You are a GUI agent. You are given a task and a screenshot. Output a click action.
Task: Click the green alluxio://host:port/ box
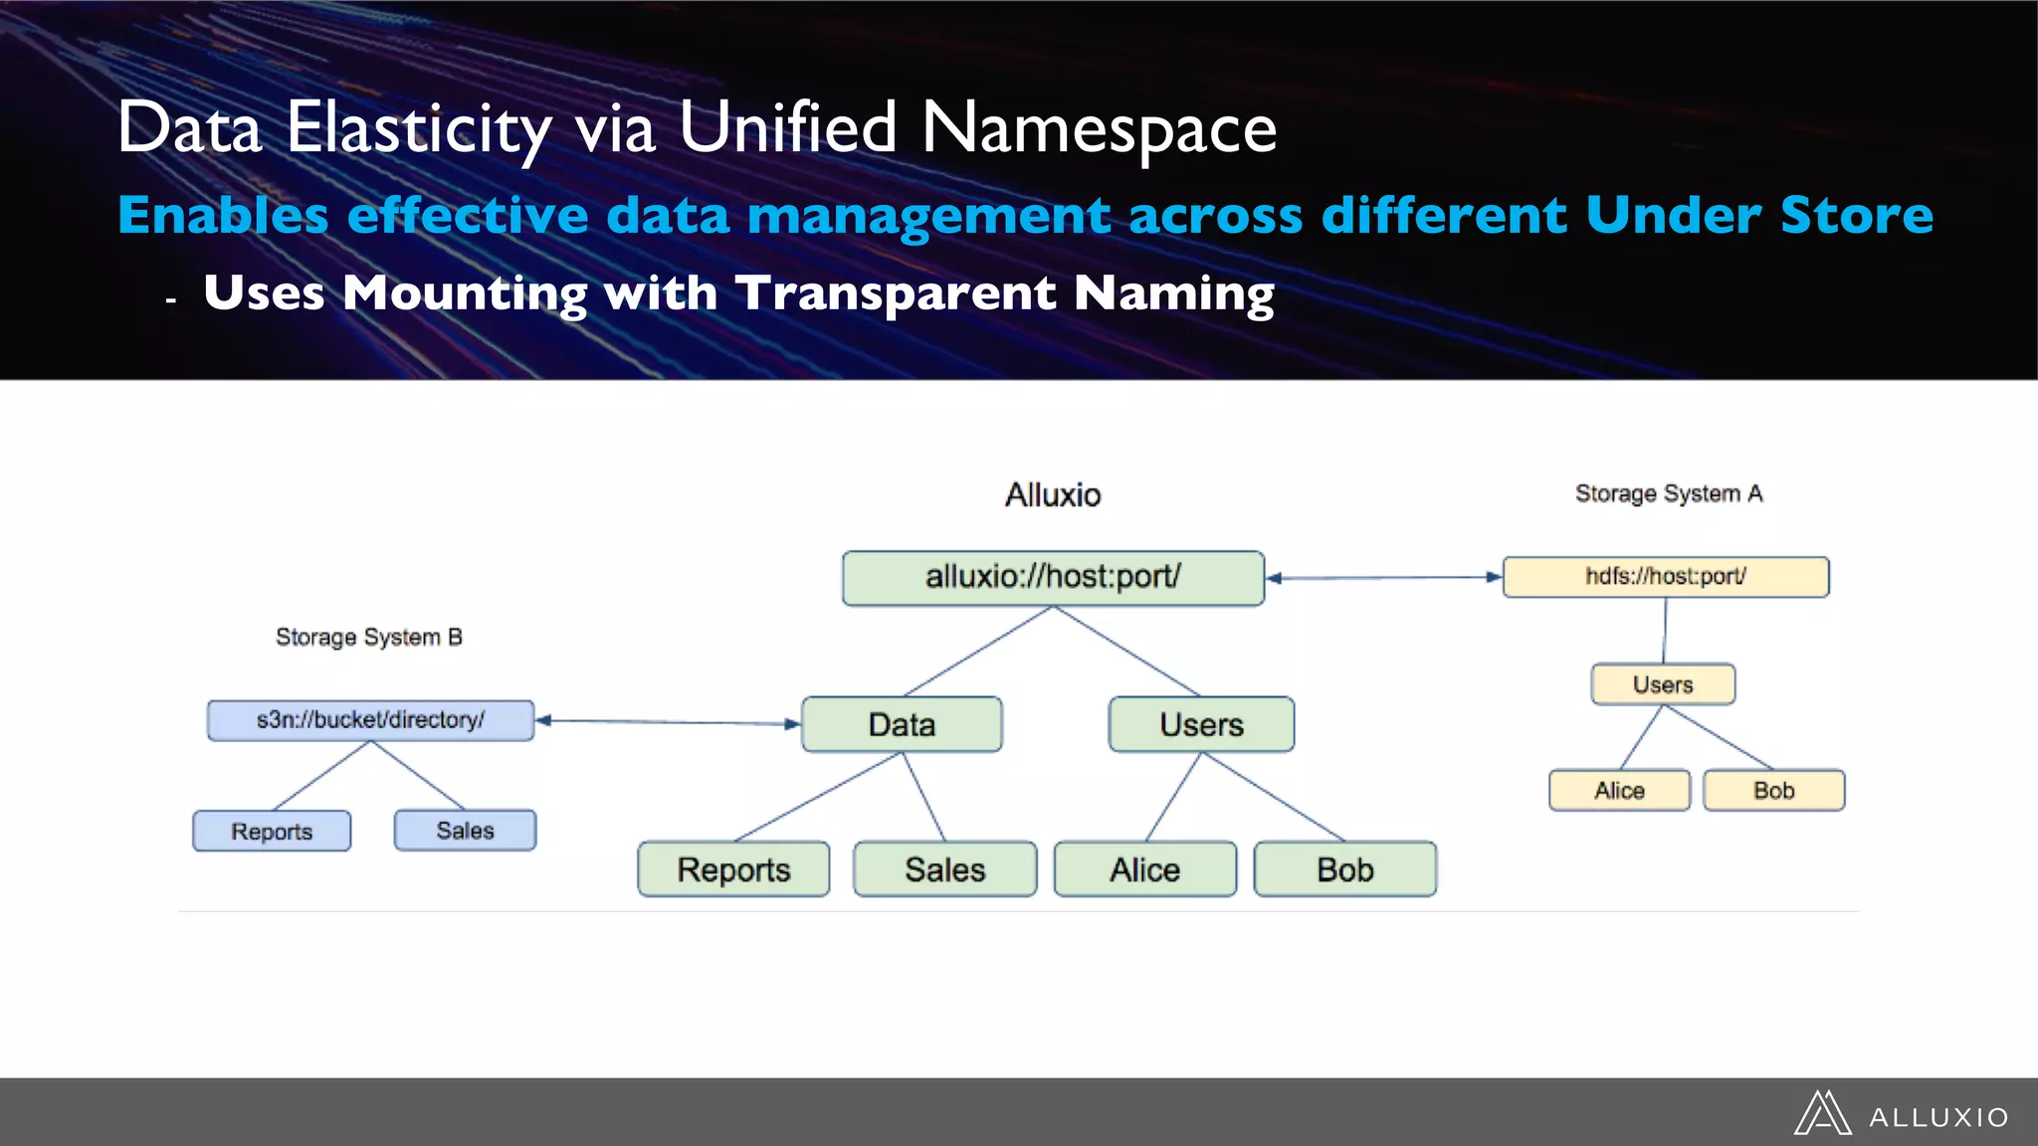[1053, 578]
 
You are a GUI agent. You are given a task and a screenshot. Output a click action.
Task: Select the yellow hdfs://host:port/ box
[1665, 577]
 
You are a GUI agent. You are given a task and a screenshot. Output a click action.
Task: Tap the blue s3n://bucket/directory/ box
[370, 720]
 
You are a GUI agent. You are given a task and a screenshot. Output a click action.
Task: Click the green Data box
[902, 724]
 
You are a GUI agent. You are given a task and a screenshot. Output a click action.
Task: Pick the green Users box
[1201, 724]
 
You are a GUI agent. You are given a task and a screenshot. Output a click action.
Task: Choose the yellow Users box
[1663, 684]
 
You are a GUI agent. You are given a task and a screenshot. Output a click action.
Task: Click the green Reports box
[733, 869]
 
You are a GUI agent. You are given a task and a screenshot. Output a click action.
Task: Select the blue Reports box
[272, 831]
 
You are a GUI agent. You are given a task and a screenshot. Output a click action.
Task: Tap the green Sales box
[944, 869]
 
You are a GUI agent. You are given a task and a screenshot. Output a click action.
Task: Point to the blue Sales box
[465, 830]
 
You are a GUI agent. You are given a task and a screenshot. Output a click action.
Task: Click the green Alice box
[1144, 869]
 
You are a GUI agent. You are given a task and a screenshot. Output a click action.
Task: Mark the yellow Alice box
[1619, 791]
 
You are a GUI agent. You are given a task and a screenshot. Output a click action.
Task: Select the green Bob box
[1344, 869]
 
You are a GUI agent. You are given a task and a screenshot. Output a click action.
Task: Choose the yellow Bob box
[1773, 791]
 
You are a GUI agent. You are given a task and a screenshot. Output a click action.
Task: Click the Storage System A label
[1668, 493]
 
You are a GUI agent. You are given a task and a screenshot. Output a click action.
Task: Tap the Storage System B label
[368, 637]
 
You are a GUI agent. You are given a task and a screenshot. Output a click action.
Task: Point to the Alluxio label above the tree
[1053, 494]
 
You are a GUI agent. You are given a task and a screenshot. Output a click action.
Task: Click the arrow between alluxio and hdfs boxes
[1384, 577]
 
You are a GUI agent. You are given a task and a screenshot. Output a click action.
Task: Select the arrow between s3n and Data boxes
[668, 722]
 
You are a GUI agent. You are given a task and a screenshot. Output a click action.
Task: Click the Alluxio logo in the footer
[1902, 1114]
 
